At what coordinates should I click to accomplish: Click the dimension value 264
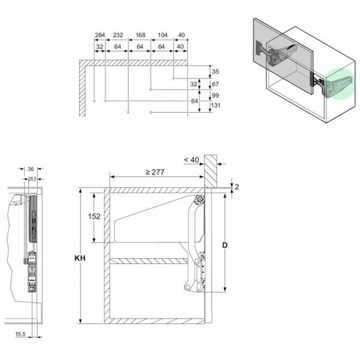[100, 35]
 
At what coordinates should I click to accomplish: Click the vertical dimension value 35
[215, 72]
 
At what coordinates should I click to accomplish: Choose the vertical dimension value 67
[215, 84]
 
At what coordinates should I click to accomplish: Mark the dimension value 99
[215, 95]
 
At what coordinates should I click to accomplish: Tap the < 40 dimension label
[191, 159]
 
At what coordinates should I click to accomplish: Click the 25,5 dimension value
[31, 178]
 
